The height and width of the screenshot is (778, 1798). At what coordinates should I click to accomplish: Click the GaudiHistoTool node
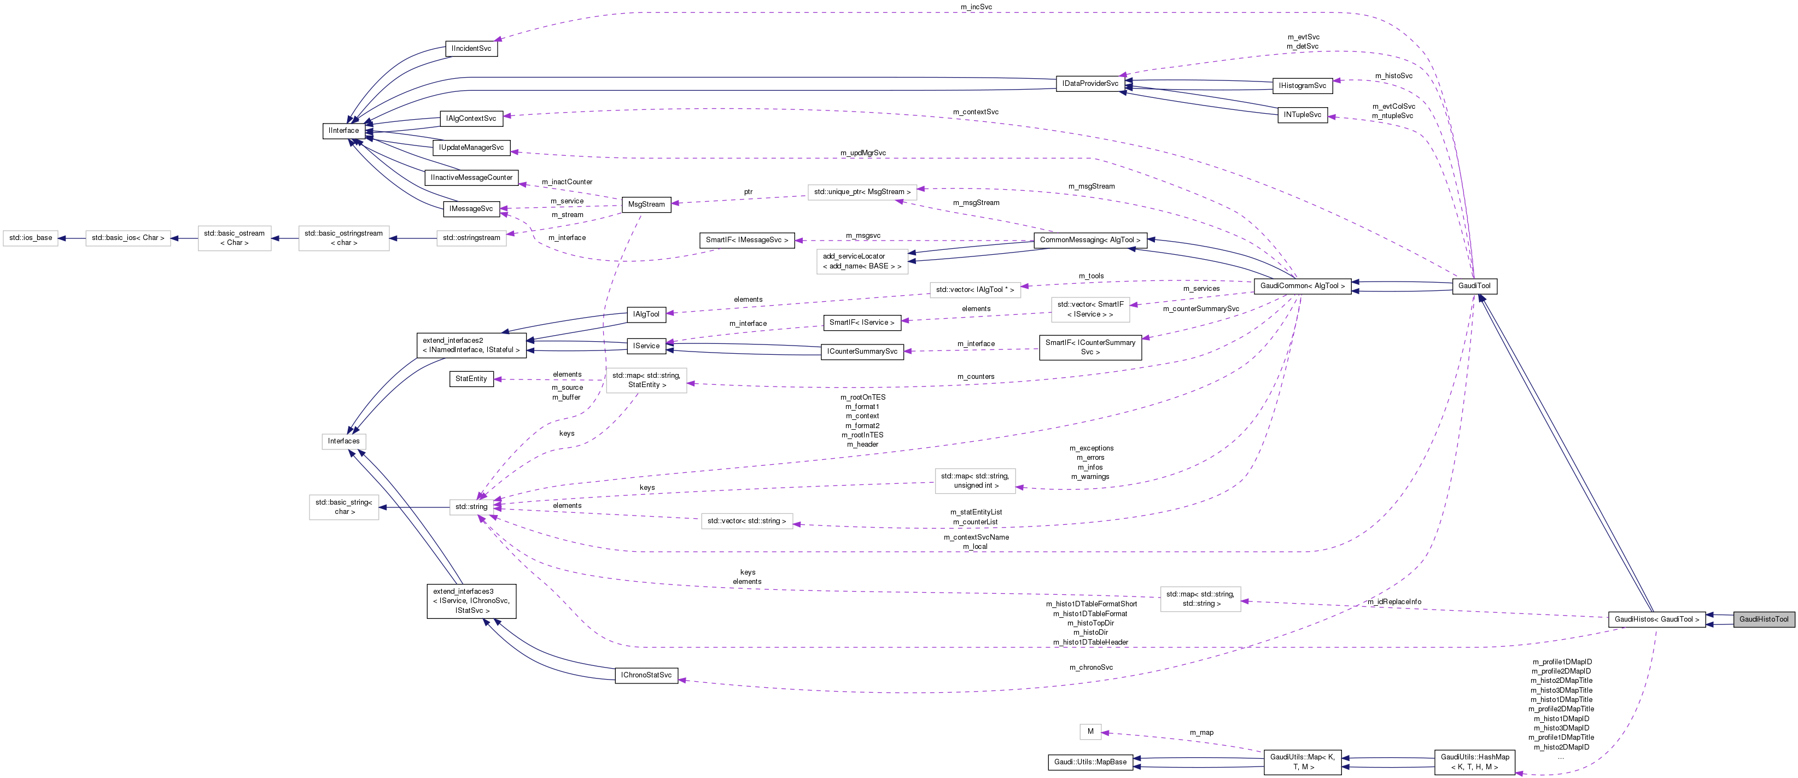tap(1764, 619)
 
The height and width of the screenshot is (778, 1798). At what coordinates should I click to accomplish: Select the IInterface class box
tap(343, 131)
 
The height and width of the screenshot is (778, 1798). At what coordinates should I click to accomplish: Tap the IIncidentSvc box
tap(471, 49)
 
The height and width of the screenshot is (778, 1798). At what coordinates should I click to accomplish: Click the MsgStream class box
tap(646, 204)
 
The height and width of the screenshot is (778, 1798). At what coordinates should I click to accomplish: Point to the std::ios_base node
tap(31, 238)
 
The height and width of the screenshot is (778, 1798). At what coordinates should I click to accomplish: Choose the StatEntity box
tap(471, 379)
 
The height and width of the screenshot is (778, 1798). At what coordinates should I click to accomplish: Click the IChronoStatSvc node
tap(646, 675)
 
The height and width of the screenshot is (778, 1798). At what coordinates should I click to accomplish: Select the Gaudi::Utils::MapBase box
tap(1090, 762)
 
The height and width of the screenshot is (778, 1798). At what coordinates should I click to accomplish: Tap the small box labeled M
tap(1090, 731)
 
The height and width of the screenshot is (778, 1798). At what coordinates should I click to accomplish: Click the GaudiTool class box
tap(1474, 285)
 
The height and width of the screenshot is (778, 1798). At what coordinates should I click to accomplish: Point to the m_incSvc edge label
tap(976, 7)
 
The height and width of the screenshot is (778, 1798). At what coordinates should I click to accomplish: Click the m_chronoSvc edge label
tap(1091, 668)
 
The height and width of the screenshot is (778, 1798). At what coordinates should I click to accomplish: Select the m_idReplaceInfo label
tap(1394, 601)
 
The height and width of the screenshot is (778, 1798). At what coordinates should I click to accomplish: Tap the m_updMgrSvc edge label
tap(863, 153)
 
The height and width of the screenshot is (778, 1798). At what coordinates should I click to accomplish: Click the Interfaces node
tap(343, 441)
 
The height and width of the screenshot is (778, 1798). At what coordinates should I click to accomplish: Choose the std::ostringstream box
tap(471, 238)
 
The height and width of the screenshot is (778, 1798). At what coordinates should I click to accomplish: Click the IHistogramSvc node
tap(1303, 86)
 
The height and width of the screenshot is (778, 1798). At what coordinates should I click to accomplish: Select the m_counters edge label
tap(976, 377)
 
